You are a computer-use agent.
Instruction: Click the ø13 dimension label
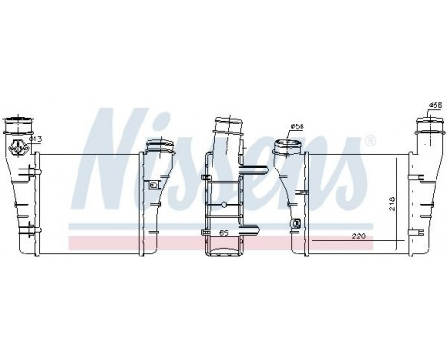click(34, 139)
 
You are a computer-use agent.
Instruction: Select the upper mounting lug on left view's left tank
click(35, 169)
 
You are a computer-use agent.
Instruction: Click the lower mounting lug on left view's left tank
click(35, 227)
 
